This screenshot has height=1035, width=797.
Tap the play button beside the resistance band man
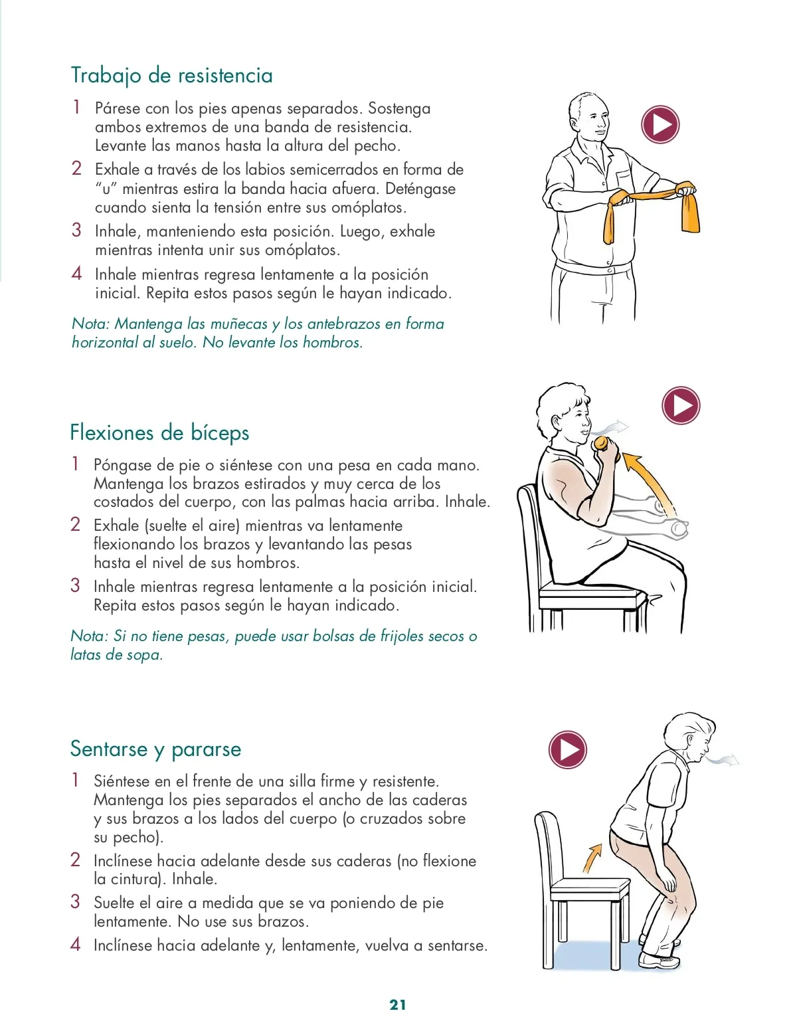[x=660, y=125]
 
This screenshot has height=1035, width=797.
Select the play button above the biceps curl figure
[x=681, y=405]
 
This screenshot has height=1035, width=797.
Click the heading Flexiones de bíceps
[x=159, y=433]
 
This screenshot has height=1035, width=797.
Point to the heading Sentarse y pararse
[x=155, y=749]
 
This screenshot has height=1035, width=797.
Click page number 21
[x=398, y=1004]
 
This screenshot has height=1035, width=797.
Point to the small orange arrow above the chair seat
[x=592, y=858]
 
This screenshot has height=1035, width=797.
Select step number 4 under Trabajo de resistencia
[x=76, y=274]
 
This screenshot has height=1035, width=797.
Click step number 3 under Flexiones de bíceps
[x=75, y=585]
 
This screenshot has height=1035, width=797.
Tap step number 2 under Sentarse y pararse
[x=75, y=860]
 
